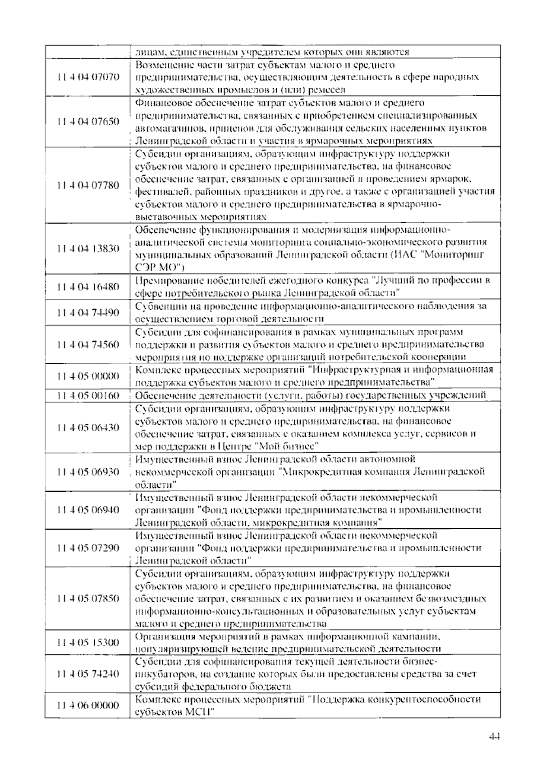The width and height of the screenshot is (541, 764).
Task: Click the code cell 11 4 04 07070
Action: click(88, 77)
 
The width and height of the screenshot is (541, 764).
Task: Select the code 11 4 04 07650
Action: click(88, 122)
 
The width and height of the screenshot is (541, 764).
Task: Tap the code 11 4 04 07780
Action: click(88, 185)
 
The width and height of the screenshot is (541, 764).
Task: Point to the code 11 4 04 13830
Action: click(88, 248)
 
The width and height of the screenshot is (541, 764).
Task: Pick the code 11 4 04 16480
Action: click(88, 287)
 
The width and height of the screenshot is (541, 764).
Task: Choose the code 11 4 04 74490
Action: click(88, 312)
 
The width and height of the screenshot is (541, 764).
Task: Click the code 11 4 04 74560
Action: click(88, 344)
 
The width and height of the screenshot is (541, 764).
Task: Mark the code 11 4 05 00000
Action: click(88, 376)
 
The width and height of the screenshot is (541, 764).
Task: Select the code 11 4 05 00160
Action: click(88, 395)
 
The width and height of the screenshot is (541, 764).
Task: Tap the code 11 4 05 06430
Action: click(88, 427)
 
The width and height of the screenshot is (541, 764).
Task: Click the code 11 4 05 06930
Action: click(88, 471)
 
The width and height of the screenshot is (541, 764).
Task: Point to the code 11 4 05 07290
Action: click(88, 548)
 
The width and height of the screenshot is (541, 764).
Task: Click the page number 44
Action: click(494, 737)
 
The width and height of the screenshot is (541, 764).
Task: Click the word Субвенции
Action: click(158, 306)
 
